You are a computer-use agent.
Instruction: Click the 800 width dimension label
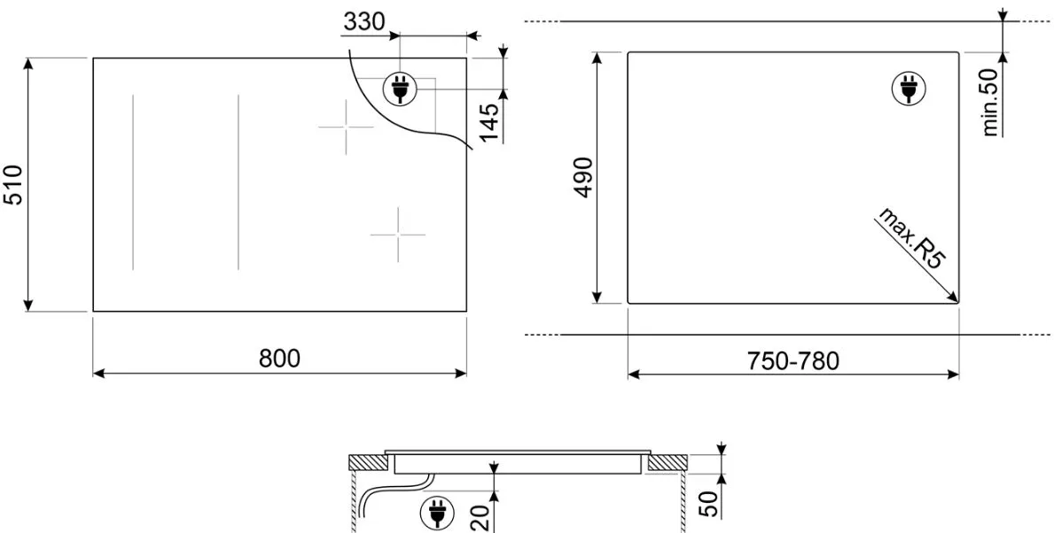[x=279, y=359]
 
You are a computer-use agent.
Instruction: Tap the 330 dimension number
[x=364, y=22]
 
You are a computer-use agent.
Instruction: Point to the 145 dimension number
[x=489, y=122]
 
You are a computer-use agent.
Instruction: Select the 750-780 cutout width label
[x=793, y=361]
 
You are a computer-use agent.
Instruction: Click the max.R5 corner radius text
[x=910, y=239]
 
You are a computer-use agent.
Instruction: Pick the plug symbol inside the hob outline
[x=400, y=89]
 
